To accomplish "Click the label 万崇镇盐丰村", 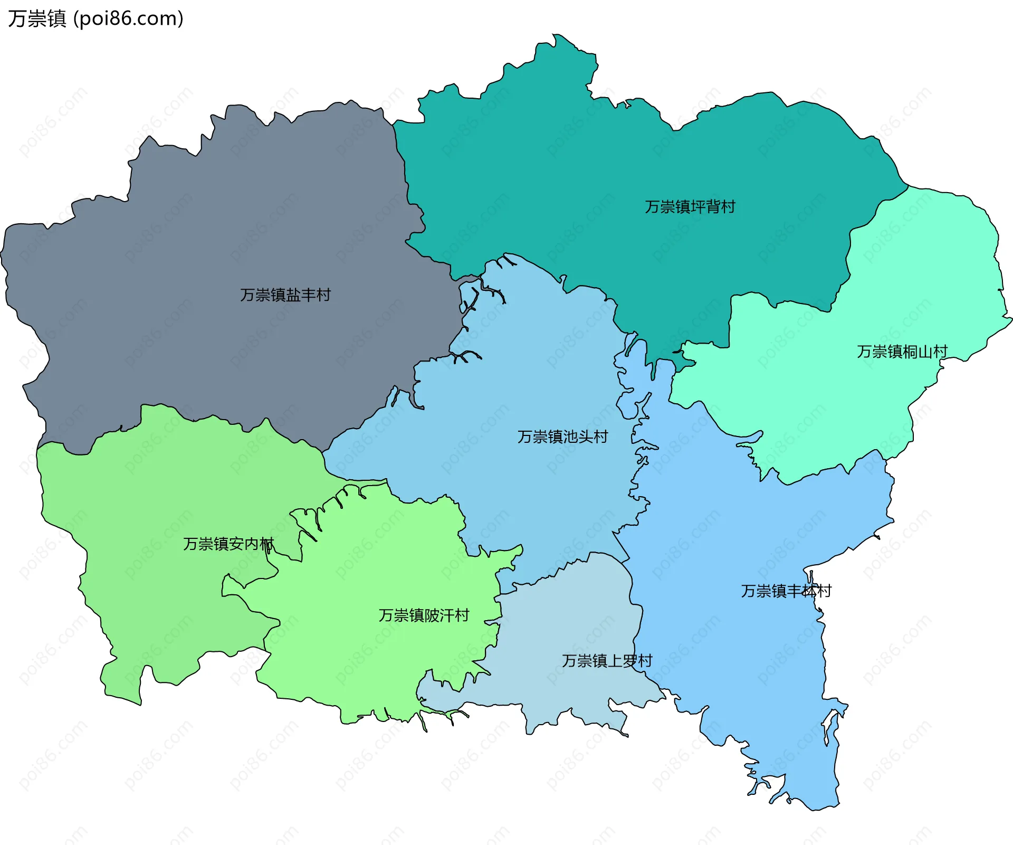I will pyautogui.click(x=285, y=295).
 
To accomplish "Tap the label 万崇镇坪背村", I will pyautogui.click(x=690, y=207).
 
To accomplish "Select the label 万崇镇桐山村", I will pyautogui.click(x=902, y=352).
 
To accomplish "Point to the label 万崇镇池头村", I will pyautogui.click(x=562, y=437).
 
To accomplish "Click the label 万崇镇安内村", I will pyautogui.click(x=228, y=544).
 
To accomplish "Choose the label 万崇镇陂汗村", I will pyautogui.click(x=424, y=615).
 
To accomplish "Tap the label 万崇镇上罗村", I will pyautogui.click(x=607, y=661).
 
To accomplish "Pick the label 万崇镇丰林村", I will pyautogui.click(x=786, y=591).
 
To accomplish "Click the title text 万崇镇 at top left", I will pyautogui.click(x=37, y=19).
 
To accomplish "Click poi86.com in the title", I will pyautogui.click(x=128, y=19).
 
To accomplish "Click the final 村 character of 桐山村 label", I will pyautogui.click(x=940, y=352).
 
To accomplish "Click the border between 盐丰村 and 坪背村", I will pyautogui.click(x=407, y=185).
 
